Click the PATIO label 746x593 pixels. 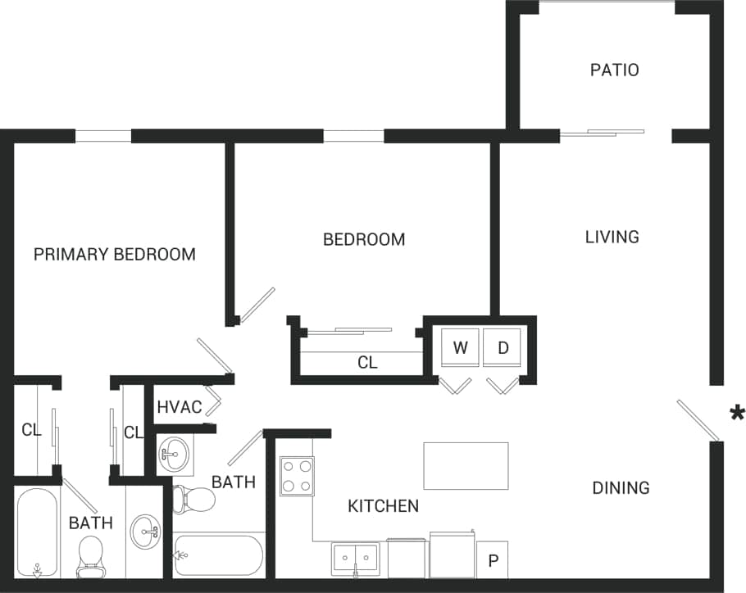[x=614, y=70]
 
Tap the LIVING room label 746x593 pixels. [x=612, y=237]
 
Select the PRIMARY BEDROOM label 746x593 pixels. [x=115, y=254]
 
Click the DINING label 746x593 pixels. [x=621, y=488]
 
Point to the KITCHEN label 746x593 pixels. [x=383, y=506]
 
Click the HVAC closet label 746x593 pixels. [x=179, y=407]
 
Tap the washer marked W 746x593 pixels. [x=460, y=348]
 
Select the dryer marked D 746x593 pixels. [x=503, y=348]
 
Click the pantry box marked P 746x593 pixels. [x=493, y=561]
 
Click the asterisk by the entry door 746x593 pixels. [x=737, y=412]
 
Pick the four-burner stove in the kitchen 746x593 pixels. [x=296, y=476]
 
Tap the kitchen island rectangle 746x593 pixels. [x=466, y=465]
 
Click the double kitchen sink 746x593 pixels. [x=355, y=559]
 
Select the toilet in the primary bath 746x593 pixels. [x=89, y=555]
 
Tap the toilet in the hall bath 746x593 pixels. [x=189, y=498]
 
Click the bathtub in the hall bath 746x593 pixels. [x=218, y=555]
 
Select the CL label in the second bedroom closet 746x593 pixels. [x=367, y=362]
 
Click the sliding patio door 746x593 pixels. [x=602, y=132]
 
